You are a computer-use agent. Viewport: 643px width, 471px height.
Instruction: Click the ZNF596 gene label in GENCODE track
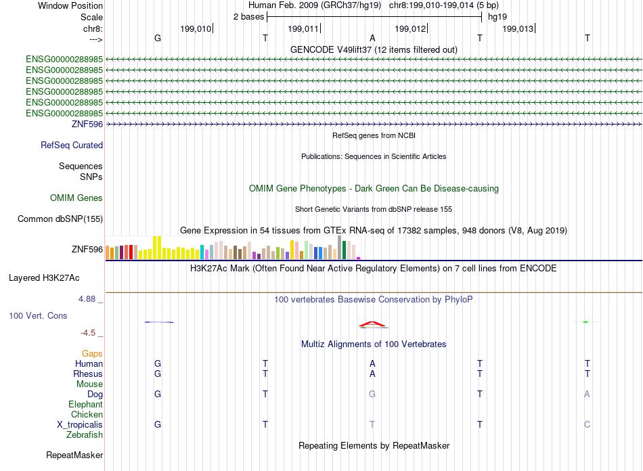87,124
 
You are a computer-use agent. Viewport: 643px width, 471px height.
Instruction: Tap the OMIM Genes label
76,198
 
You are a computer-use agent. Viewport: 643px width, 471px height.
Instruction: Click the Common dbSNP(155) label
60,219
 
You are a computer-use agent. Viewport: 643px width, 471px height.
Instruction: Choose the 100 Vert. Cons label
38,315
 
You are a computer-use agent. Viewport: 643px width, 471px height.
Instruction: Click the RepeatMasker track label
74,455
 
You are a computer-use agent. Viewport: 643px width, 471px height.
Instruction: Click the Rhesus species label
88,374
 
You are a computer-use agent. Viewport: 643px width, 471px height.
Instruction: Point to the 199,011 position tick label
303,28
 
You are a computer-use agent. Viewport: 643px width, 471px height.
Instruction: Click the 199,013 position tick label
518,28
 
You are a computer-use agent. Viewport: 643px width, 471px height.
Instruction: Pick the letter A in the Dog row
587,394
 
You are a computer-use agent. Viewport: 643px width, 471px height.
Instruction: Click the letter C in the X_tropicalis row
587,424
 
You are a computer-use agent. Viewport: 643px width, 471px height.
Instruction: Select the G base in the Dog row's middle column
372,394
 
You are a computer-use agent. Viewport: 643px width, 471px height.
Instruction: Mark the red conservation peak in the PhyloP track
372,323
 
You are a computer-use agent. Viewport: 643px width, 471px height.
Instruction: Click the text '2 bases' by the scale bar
248,17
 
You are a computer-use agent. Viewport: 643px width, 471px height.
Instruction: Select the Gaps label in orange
92,353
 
